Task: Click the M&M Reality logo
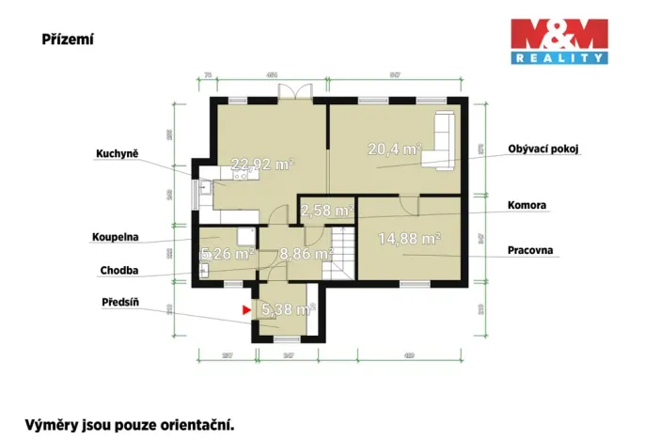pos(558,41)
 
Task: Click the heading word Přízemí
pos(68,40)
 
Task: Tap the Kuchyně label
pos(118,154)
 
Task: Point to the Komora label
pos(527,205)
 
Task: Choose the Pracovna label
pos(530,251)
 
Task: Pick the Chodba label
pos(119,271)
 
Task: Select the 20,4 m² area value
pos(393,147)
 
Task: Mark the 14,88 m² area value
pos(409,238)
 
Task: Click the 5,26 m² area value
pos(228,253)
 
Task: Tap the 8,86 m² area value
pos(306,253)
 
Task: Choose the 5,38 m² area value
pos(288,307)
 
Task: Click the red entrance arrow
pos(246,307)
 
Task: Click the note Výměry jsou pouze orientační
pos(129,425)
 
